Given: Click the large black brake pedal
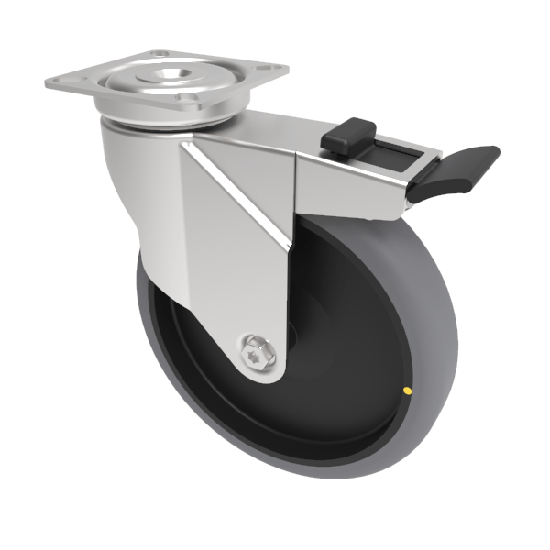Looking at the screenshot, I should (453, 171).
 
